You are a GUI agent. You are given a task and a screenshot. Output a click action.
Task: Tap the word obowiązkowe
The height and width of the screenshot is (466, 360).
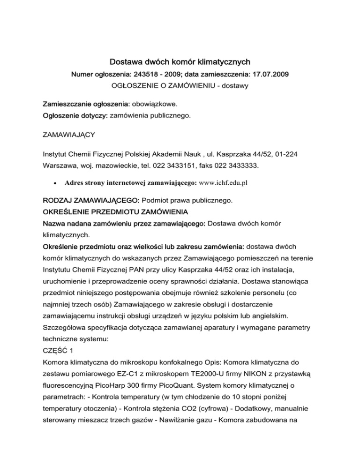click(150, 102)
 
